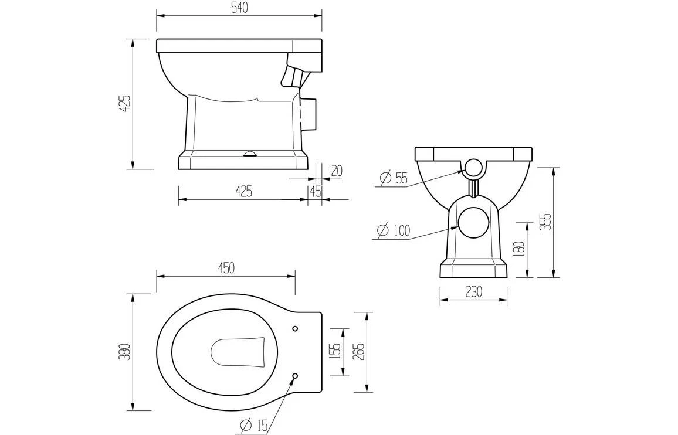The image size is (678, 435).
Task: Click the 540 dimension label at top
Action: (x=239, y=7)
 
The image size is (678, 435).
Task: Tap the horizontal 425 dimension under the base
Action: (x=243, y=191)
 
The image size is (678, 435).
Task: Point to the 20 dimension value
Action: (x=336, y=171)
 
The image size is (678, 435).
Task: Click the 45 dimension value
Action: (x=315, y=191)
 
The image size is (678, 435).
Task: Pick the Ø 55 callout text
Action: (x=394, y=178)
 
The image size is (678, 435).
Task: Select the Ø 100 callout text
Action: (x=393, y=230)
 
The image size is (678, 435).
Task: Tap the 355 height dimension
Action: (x=546, y=222)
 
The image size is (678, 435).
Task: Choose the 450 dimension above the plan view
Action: (x=226, y=268)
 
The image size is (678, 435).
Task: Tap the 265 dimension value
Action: (x=358, y=352)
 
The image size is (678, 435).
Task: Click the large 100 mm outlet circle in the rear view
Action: (x=473, y=223)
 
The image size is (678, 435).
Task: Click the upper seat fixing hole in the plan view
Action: (x=295, y=328)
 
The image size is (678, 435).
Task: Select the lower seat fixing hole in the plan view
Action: (x=295, y=375)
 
